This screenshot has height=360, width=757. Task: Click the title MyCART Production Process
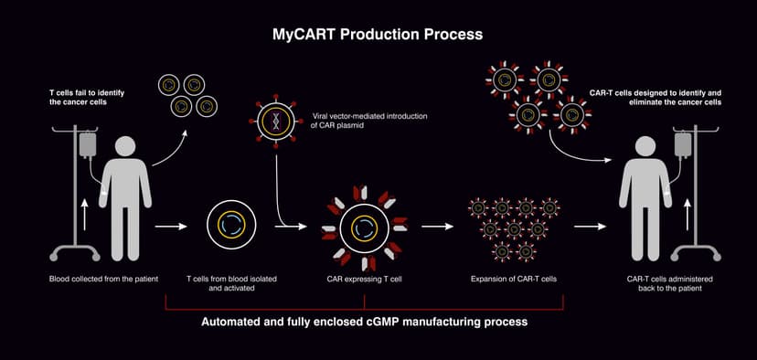click(378, 34)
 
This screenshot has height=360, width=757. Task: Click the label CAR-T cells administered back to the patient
click(658, 283)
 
